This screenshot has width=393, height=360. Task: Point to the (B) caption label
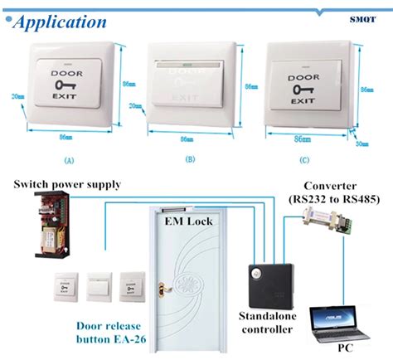click(x=190, y=158)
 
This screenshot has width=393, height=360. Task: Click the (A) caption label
click(x=69, y=158)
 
